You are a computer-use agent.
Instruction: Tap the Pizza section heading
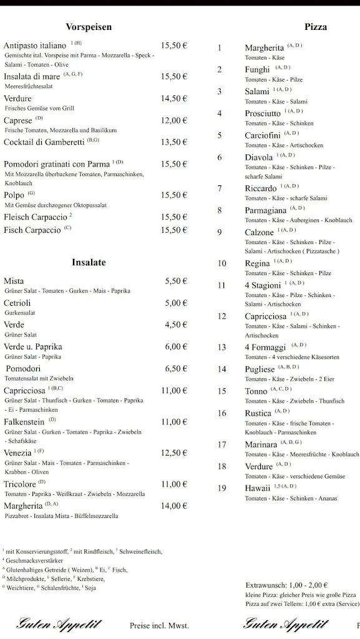316,27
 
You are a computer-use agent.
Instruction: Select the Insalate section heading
89,263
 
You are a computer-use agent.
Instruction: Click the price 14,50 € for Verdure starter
174,99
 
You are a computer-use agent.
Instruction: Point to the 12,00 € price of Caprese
174,120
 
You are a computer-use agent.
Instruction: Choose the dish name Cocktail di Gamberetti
44,142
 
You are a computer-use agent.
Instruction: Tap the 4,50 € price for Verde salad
176,324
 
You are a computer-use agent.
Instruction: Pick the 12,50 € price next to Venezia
174,453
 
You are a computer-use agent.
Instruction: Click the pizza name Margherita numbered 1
265,48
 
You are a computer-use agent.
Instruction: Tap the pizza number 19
221,488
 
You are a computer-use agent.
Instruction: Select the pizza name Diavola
259,157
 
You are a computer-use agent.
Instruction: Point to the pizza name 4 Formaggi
265,348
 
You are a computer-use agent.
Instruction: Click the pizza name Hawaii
258,488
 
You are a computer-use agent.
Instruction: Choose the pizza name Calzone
259,232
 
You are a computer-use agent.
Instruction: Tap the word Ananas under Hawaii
328,499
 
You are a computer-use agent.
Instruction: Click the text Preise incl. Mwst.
159,625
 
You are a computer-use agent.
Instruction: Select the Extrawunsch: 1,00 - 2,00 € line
286,585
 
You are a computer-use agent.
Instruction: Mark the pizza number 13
221,348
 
